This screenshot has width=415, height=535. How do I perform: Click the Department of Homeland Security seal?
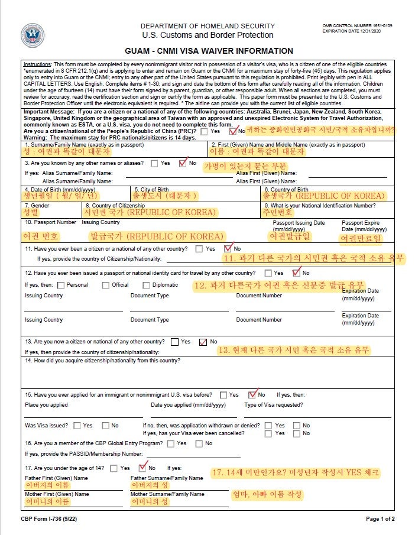[33, 35]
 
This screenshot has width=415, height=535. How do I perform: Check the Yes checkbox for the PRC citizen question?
[204, 131]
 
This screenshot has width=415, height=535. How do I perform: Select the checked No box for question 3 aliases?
[182, 163]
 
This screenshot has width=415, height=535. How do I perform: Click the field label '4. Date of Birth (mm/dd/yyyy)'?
[60, 190]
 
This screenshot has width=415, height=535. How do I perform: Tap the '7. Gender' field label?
[37, 206]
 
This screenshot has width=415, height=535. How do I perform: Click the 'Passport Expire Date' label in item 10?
[364, 226]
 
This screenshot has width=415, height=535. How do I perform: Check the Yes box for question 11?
[199, 249]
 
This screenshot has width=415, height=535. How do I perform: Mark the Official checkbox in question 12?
[106, 285]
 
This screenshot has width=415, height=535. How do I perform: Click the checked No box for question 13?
[203, 342]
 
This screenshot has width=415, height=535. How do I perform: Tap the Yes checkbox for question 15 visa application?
[223, 394]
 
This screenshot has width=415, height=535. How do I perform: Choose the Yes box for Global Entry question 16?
[172, 443]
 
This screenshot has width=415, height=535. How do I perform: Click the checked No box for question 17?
[142, 468]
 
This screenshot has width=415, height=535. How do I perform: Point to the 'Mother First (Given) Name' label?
[57, 494]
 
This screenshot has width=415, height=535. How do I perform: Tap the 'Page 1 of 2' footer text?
[380, 519]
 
